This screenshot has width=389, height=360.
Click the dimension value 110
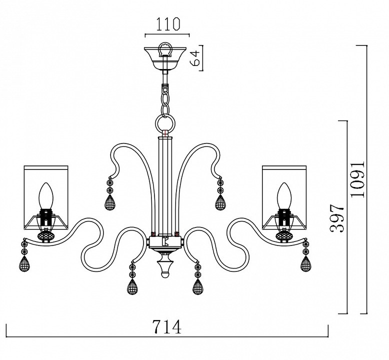pos(167,24)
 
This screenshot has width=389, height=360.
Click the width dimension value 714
pos(167,327)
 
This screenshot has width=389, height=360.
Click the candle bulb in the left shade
pos(46,196)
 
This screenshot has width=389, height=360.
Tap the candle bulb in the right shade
pos(284,196)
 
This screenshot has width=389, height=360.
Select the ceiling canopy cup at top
pos(165,58)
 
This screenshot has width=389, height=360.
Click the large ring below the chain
pos(165,123)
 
